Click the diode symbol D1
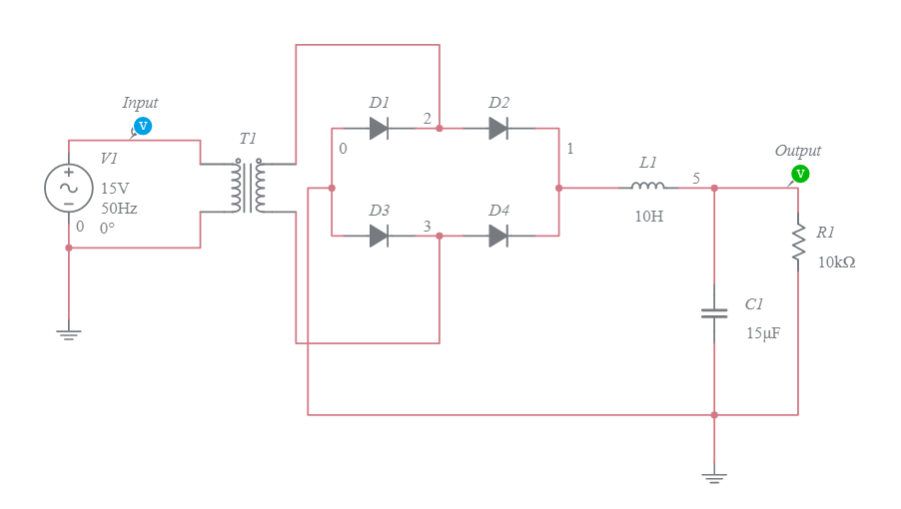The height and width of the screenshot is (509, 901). tap(379, 128)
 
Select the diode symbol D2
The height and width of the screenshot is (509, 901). tap(498, 128)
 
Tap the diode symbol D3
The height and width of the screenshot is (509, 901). tap(379, 236)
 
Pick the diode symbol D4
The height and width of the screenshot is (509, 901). tap(498, 236)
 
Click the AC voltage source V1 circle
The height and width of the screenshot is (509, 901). tap(69, 188)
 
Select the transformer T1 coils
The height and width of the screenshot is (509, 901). tap(249, 188)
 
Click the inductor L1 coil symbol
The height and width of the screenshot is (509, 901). tap(647, 187)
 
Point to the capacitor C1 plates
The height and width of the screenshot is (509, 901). tap(714, 313)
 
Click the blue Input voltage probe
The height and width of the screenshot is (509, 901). tap(143, 126)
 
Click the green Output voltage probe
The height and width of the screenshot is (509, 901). tap(800, 174)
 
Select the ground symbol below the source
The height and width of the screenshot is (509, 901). tap(69, 334)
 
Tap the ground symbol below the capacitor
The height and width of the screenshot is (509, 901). tap(714, 478)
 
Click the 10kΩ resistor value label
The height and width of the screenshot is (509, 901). tap(837, 262)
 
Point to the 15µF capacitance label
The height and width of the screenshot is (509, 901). tap(763, 333)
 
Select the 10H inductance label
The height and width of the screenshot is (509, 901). tap(648, 216)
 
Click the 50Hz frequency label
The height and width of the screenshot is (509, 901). tap(119, 209)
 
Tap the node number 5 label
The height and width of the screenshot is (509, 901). tap(696, 178)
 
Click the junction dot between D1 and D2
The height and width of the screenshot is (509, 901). tap(439, 128)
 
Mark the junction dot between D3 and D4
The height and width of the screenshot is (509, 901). tap(439, 236)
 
